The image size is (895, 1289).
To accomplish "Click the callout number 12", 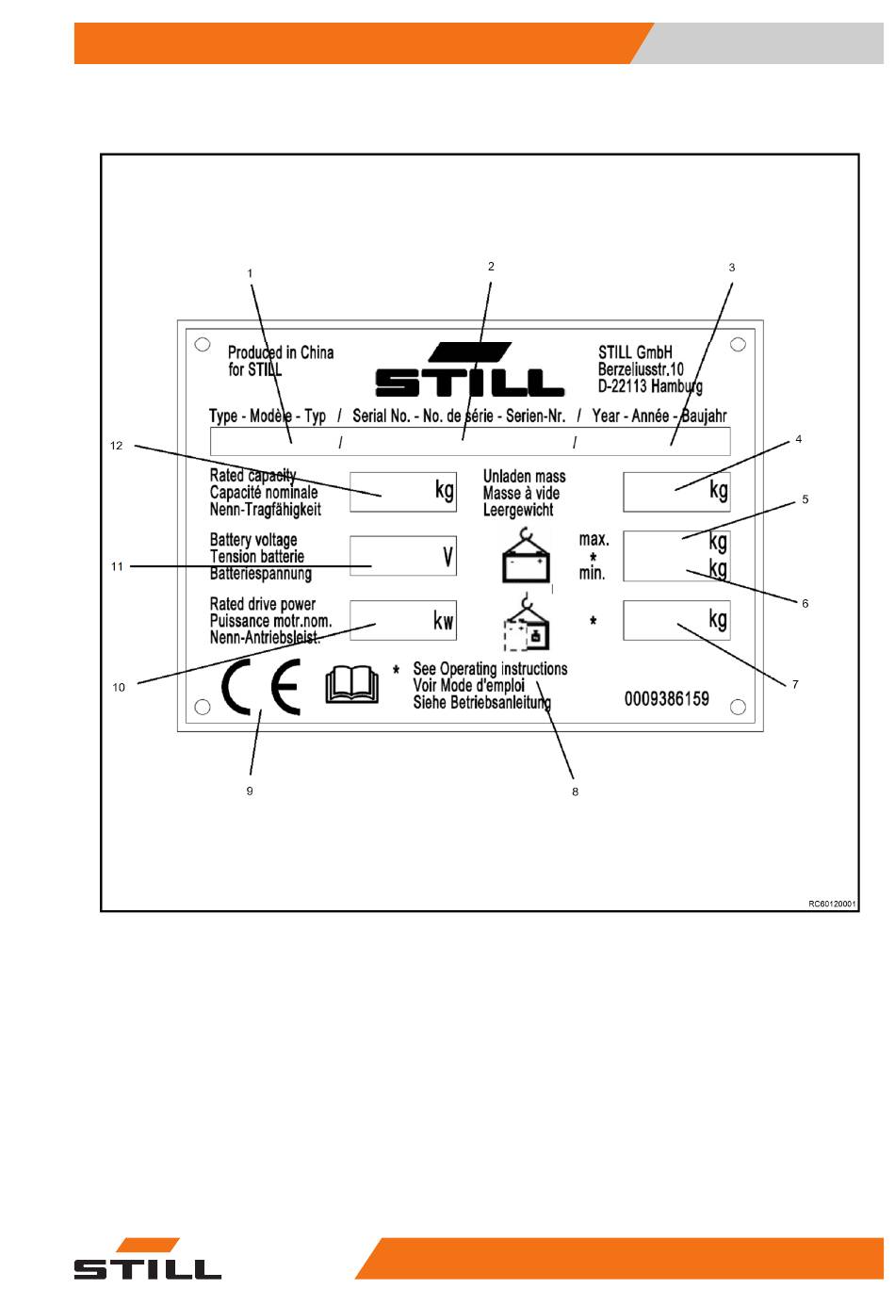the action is (116, 446).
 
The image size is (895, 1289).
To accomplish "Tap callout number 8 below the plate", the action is (575, 791).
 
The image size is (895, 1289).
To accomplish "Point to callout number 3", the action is (732, 268).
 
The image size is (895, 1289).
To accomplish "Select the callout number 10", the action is (119, 687).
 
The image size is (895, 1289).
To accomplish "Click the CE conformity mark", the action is (261, 687).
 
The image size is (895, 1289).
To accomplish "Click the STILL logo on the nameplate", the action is (469, 369).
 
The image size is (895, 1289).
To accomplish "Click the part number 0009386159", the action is (667, 699).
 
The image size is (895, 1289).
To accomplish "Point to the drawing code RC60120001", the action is (832, 904).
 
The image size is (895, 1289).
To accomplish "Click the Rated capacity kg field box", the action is (403, 492).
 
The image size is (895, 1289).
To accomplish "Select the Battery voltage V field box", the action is (403, 556).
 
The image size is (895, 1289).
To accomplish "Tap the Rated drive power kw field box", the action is (403, 620).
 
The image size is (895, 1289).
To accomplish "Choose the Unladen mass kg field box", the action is (677, 492).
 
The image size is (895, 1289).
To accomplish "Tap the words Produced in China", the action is (281, 352).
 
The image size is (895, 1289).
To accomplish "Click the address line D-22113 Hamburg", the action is (650, 386).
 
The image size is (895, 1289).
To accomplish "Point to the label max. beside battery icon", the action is (594, 540).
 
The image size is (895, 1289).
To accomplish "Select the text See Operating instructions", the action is (490, 669).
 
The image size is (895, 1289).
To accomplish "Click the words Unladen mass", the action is (524, 477).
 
